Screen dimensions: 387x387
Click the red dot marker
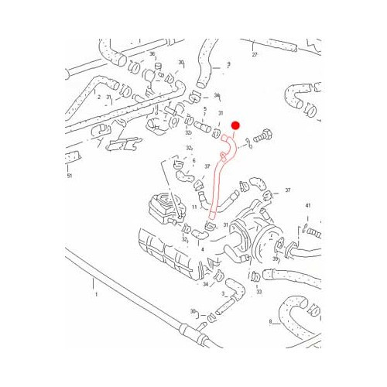click(x=238, y=125)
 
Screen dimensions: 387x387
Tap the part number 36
click(x=152, y=53)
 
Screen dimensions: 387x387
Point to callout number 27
click(x=254, y=56)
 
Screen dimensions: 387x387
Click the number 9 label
click(x=228, y=64)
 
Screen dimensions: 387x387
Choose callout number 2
click(x=100, y=96)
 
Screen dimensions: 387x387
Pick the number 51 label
click(x=70, y=176)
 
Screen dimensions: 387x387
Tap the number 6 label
click(x=204, y=160)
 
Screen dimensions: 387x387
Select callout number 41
click(x=307, y=205)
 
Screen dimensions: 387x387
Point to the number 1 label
click(x=96, y=295)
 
